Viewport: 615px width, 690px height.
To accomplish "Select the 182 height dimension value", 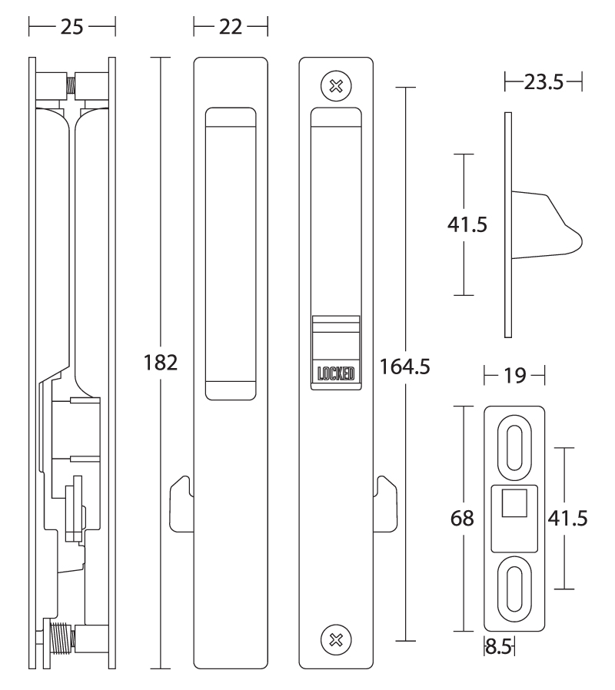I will [x=161, y=363].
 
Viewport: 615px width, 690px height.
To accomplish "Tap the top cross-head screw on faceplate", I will [x=335, y=85].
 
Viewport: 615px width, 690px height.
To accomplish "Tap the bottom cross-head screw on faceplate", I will [x=335, y=639].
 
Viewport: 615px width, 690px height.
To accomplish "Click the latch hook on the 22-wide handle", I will [x=180, y=503].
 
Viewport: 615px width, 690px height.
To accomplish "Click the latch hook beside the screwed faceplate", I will [x=385, y=503].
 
